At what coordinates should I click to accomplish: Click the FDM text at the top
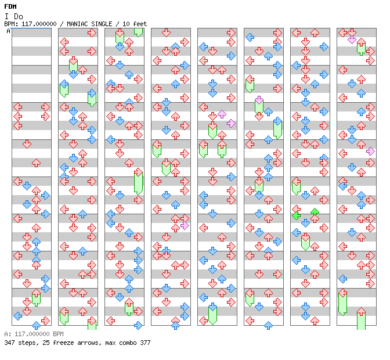[x=10, y=6]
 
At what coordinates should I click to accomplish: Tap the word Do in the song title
[x=19, y=16]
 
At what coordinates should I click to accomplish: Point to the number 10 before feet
[x=126, y=24]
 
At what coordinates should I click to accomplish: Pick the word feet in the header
[x=140, y=24]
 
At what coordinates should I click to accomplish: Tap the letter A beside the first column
[x=8, y=31]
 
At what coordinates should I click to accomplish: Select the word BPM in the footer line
[x=58, y=334]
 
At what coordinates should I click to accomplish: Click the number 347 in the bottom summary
[x=9, y=343]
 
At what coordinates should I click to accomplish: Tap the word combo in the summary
[x=128, y=343]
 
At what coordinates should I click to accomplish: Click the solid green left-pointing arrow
[x=296, y=215]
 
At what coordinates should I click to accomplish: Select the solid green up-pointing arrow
[x=315, y=212]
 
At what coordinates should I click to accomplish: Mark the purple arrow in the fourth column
[x=185, y=226]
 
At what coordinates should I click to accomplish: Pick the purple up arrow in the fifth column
[x=222, y=114]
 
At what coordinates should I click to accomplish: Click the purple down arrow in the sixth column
[x=259, y=100]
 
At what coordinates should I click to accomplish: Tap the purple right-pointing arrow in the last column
[x=370, y=152]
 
